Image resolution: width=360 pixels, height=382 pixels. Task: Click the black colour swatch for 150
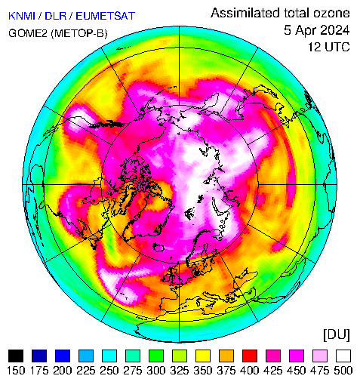click(16, 356)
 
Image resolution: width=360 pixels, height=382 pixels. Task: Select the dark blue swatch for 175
click(39, 356)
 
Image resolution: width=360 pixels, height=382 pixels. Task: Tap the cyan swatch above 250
click(109, 356)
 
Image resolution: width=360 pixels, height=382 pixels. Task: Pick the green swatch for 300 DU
click(156, 356)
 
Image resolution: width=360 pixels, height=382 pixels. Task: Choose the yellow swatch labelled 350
click(203, 356)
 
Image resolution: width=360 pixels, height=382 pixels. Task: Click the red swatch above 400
click(250, 356)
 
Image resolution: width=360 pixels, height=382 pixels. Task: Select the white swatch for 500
click(343, 356)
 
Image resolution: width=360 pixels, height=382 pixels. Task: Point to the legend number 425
click(273, 371)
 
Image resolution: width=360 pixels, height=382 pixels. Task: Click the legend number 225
click(86, 371)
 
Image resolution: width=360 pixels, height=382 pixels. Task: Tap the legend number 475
click(320, 371)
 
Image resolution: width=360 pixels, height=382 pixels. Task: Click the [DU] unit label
click(337, 335)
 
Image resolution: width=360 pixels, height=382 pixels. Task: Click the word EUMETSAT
click(105, 16)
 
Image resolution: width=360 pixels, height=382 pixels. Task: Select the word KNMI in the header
click(22, 16)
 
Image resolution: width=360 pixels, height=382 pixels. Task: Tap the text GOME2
click(28, 33)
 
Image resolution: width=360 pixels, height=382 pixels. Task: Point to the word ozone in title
click(331, 13)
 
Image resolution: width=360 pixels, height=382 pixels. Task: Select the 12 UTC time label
click(329, 47)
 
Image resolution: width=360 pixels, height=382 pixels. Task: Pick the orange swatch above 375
click(226, 356)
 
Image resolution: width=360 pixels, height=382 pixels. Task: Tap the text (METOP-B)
click(79, 33)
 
